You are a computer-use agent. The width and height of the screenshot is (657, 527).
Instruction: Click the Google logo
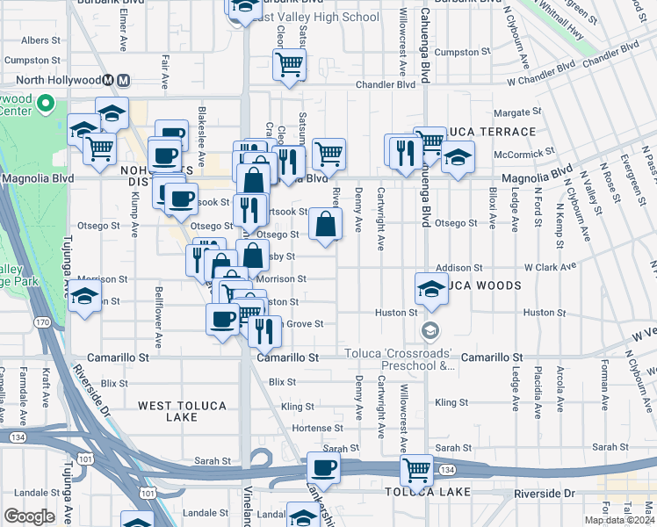[29, 516]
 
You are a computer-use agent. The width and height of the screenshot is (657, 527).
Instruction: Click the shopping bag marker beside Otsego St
[325, 223]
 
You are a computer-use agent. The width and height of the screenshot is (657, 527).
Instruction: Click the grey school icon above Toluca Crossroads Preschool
[430, 330]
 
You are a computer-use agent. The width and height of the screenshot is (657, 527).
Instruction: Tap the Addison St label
[459, 267]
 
